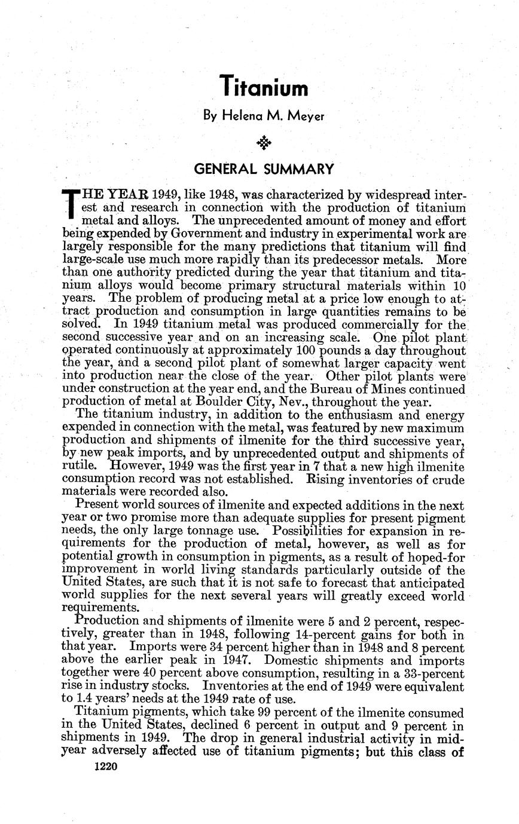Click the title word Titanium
tap(264, 88)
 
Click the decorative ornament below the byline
tap(264, 143)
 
